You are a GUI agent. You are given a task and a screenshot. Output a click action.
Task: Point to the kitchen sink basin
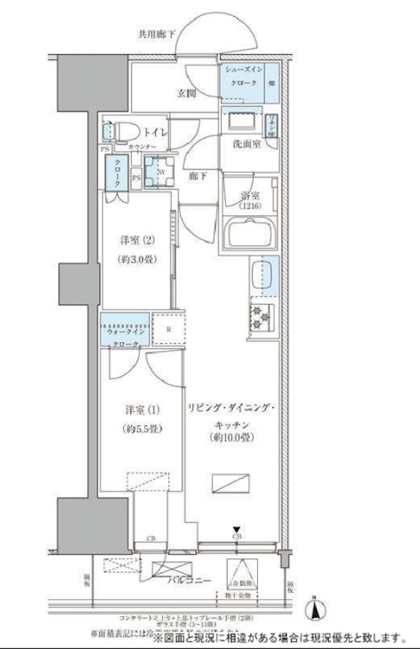coord(261,274)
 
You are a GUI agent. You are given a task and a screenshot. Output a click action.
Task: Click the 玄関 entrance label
coord(187,94)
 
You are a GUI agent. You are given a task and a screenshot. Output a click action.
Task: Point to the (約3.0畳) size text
coord(138,260)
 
